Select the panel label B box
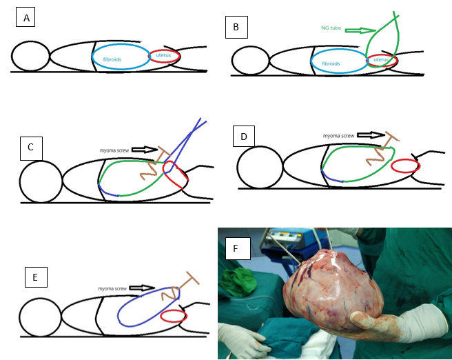(236, 28)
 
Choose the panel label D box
(244, 136)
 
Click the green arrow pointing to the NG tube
(360, 30)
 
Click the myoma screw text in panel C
(113, 149)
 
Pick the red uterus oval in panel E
(173, 317)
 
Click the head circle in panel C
(41, 181)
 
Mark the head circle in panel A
(30, 56)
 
